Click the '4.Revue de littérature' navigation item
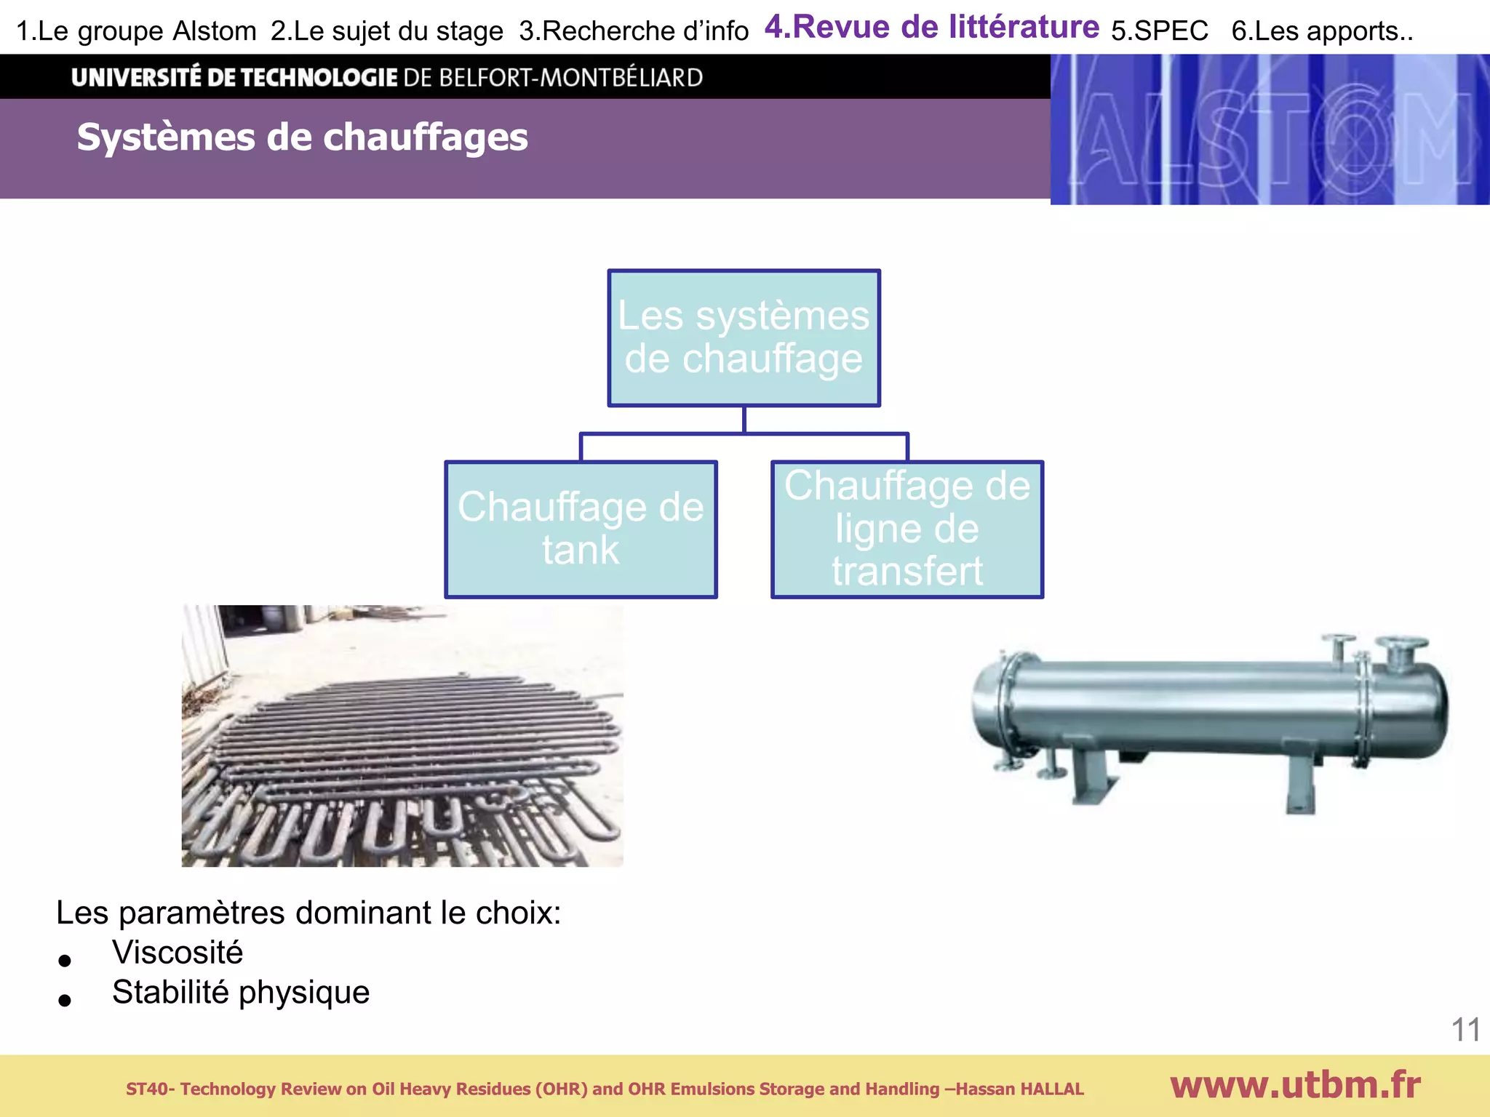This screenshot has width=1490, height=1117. [931, 28]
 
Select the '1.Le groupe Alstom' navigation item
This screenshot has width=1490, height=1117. [136, 31]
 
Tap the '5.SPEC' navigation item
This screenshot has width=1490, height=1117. [1159, 31]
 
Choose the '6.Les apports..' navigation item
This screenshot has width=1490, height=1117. [1322, 31]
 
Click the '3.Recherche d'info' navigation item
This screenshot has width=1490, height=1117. [634, 31]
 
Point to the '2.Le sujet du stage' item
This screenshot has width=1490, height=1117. [386, 31]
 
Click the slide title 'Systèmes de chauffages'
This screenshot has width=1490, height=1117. [302, 137]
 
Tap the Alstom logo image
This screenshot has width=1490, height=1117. [1270, 129]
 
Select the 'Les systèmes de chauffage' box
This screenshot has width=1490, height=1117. [744, 337]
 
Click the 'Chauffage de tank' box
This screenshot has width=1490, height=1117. [581, 529]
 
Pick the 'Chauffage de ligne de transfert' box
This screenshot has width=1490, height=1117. [907, 529]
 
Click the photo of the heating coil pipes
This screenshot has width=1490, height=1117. [402, 735]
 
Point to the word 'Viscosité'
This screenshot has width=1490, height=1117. [178, 953]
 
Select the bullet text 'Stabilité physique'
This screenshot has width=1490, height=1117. [241, 993]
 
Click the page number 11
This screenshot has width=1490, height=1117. [1465, 1030]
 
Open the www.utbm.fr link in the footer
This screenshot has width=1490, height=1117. [1295, 1085]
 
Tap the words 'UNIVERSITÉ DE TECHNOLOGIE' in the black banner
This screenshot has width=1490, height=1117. [234, 77]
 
